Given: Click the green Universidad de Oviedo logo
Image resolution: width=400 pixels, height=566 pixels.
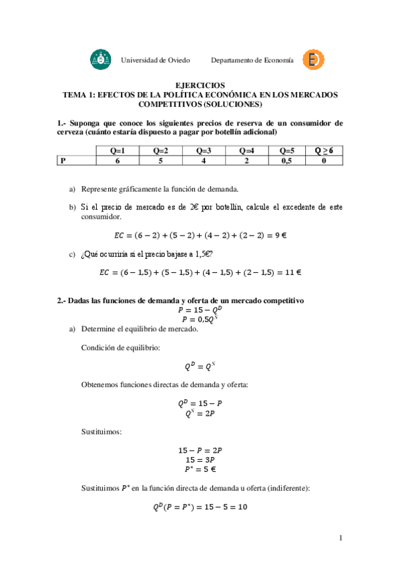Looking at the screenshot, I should tap(102, 59).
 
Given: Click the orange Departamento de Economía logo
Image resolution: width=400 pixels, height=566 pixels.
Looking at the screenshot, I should tap(313, 59).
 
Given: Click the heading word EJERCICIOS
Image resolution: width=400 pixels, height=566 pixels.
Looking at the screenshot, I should tap(200, 85).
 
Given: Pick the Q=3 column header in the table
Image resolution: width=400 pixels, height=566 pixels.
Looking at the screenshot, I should tap(204, 151).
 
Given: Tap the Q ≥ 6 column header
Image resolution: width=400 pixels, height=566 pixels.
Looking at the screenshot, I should tap(324, 151).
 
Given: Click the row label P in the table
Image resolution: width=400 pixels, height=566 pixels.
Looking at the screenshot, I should tap(63, 161).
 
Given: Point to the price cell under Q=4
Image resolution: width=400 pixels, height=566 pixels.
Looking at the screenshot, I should tap(246, 161).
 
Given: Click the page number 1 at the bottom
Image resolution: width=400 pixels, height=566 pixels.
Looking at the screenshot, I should tap(341, 538).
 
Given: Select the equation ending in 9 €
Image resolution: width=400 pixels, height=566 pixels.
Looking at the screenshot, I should tap(200, 235).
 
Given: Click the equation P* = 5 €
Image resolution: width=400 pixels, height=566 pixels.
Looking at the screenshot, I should tap(200, 469).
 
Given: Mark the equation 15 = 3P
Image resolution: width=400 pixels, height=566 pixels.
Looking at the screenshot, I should tap(200, 460).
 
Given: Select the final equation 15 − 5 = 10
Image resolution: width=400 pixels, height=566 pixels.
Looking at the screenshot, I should tap(200, 507).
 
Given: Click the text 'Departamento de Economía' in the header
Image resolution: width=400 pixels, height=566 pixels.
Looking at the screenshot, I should tap(252, 60).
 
